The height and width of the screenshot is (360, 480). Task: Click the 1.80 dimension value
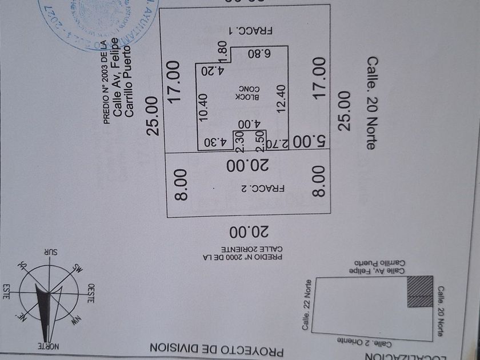223,54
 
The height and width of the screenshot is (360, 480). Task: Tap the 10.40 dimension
204,105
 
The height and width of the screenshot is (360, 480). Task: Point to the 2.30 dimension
241,141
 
